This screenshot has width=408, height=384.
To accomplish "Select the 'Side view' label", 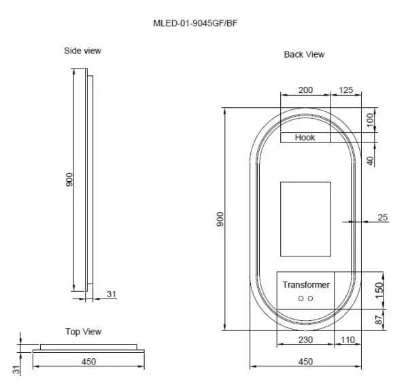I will coord(83,51).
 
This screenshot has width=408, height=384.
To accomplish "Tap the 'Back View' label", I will coord(304,54).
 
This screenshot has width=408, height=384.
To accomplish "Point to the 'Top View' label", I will coord(83,332).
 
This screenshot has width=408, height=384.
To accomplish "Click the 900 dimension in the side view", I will coord(69,180).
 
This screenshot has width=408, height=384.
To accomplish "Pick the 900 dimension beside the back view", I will coord(220,220).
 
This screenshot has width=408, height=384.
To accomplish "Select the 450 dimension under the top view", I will coord(88,362).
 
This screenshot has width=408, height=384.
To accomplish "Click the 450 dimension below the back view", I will coord(305,362).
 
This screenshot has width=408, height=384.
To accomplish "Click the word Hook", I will coord(305,138).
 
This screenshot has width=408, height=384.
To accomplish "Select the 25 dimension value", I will coord(382,217).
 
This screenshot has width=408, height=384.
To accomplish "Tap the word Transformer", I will coord(306,285).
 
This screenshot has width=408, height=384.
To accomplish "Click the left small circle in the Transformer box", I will coord(300,299).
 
